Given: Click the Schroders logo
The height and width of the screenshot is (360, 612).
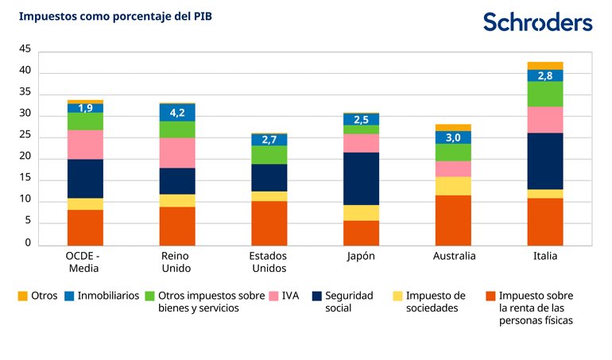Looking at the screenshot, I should tap(537, 22).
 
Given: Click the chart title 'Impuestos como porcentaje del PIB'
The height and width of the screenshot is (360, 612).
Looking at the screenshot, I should tap(115, 16).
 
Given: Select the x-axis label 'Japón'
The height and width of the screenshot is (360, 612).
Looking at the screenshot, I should tap(360, 257).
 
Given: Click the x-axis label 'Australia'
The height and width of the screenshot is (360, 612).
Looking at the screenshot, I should tap(454, 257).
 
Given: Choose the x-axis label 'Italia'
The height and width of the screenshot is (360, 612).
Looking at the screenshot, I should tap(545, 257).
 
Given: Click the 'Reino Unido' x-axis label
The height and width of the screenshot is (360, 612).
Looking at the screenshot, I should tap(176, 262).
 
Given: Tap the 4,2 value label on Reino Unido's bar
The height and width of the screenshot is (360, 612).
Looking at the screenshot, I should tap(177, 113).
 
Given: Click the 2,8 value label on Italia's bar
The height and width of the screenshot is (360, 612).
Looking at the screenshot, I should tap(545, 75).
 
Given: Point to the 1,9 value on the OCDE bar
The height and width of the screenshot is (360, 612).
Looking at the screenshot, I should tap(85, 108).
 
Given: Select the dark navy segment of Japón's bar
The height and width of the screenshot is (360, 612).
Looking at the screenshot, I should tap(361, 179).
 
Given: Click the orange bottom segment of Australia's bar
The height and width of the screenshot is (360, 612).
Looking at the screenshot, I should tap(453, 220).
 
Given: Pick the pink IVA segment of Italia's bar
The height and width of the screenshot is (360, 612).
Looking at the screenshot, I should tap(545, 119).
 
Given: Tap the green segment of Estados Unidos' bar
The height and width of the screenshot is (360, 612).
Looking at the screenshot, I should tap(269, 155).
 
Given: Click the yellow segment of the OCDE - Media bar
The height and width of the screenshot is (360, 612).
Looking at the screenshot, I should tap(85, 203).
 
